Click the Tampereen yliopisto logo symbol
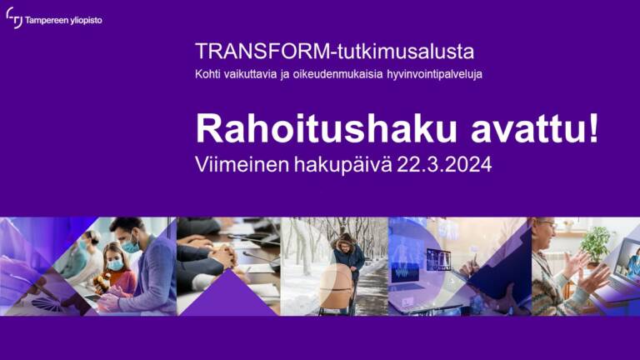pyautogui.click(x=14, y=18)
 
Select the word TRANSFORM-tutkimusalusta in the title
pyautogui.click(x=335, y=52)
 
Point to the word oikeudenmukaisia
pyautogui.click(x=338, y=74)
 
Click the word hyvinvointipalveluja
pyautogui.click(x=435, y=75)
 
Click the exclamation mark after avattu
pyautogui.click(x=593, y=127)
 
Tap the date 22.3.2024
pyautogui.click(x=444, y=164)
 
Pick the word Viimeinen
pyautogui.click(x=242, y=164)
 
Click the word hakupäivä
pyautogui.click(x=342, y=165)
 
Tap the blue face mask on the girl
pyautogui.click(x=116, y=264)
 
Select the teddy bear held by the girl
pyautogui.click(x=101, y=282)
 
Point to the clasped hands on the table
pyautogui.click(x=222, y=257)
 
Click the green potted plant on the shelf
pyautogui.click(x=596, y=244)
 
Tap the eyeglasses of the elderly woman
pyautogui.click(x=547, y=224)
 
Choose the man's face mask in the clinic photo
pyautogui.click(x=131, y=246)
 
